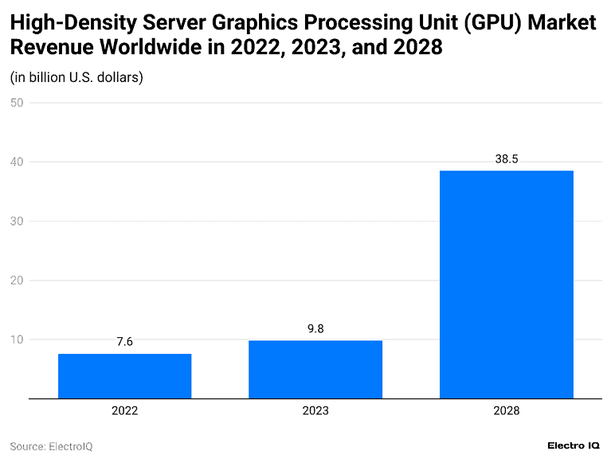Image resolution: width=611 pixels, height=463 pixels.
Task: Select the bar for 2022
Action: [x=124, y=376]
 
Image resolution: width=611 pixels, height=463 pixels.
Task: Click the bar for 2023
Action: [x=315, y=370]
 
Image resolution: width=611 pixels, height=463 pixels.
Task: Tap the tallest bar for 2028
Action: [x=506, y=284]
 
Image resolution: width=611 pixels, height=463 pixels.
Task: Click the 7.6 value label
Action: [x=124, y=342]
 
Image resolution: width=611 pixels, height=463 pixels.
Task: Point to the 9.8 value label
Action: [x=315, y=328]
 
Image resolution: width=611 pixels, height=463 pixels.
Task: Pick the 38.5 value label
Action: [x=506, y=159]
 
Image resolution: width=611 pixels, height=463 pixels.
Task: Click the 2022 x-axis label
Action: [x=124, y=411]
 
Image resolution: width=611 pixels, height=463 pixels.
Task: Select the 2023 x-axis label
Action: [x=315, y=411]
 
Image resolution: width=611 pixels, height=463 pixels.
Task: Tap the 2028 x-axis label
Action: [x=506, y=411]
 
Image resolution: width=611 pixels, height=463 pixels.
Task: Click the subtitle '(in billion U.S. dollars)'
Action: [x=76, y=77]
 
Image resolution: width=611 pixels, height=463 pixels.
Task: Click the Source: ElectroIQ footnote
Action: [x=51, y=446]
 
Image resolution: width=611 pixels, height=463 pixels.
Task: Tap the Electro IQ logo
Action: [x=574, y=445]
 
